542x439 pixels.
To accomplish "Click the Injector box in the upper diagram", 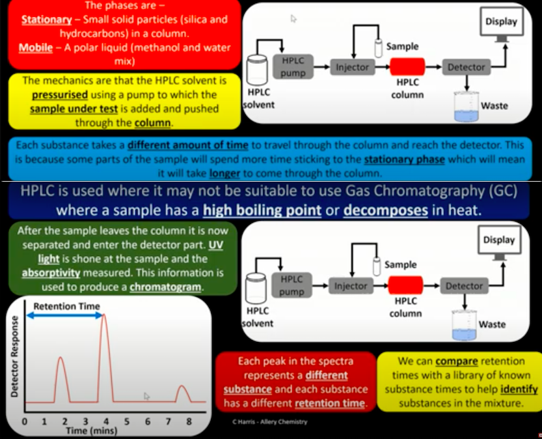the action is coord(352,67).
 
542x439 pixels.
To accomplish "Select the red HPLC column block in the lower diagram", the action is coord(405,285).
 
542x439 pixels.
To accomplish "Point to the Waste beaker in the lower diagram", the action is coord(464,325).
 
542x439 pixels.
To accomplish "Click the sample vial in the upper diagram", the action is coord(379,48).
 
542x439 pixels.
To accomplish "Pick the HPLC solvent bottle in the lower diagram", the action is coord(256,288).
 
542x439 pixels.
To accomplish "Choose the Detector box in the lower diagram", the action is coord(464,286).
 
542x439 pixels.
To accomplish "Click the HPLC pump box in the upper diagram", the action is coord(293,66).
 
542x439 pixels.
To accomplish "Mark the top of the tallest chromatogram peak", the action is coord(103,314).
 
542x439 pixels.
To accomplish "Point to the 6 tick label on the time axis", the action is coord(148,421).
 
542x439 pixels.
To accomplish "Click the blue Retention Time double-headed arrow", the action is coord(64,315).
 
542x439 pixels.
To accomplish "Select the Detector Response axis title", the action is coord(14,356).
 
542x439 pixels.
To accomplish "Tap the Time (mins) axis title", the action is coord(92,431).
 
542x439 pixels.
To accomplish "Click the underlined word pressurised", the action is coord(60,95).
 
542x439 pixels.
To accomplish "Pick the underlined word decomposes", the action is coord(386,210).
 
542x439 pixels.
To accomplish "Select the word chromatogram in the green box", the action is coord(165,287).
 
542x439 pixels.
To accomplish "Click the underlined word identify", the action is coord(519,389).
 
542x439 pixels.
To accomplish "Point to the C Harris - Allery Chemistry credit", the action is coord(269,421).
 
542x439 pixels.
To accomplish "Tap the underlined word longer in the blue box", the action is coord(224,173).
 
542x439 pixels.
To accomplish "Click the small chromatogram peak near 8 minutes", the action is coord(183,393).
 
